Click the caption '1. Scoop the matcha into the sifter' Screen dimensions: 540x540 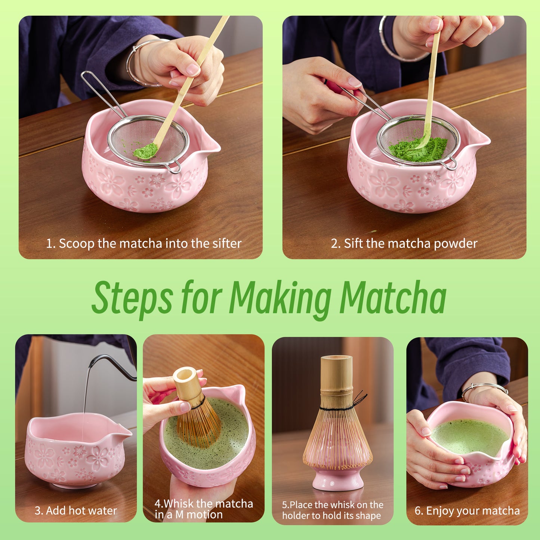pyautogui.click(x=144, y=244)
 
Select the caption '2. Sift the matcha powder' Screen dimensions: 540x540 pyautogui.click(x=404, y=244)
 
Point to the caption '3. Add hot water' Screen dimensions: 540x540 pyautogui.click(x=76, y=510)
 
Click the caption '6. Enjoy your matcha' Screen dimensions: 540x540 pyautogui.click(x=467, y=511)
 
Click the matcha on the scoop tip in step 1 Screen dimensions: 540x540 pyautogui.click(x=145, y=151)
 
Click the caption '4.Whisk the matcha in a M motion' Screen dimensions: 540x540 pyautogui.click(x=204, y=509)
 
